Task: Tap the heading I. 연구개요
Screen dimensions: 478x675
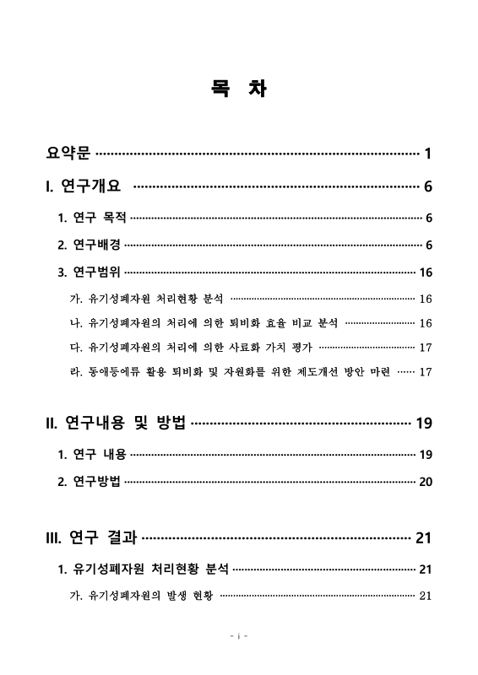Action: pos(84,186)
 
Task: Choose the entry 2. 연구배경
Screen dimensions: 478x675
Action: pos(89,245)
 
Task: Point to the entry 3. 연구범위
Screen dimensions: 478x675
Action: pos(89,272)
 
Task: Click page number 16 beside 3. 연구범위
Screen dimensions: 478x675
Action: pos(426,272)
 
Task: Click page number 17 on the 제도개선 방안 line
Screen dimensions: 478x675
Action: pos(426,371)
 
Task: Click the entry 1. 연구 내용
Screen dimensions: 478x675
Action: pos(92,455)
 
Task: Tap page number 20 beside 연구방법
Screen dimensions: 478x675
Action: pos(426,482)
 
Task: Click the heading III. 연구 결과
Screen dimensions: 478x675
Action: pos(90,537)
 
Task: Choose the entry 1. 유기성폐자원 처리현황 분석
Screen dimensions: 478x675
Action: pos(143,570)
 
